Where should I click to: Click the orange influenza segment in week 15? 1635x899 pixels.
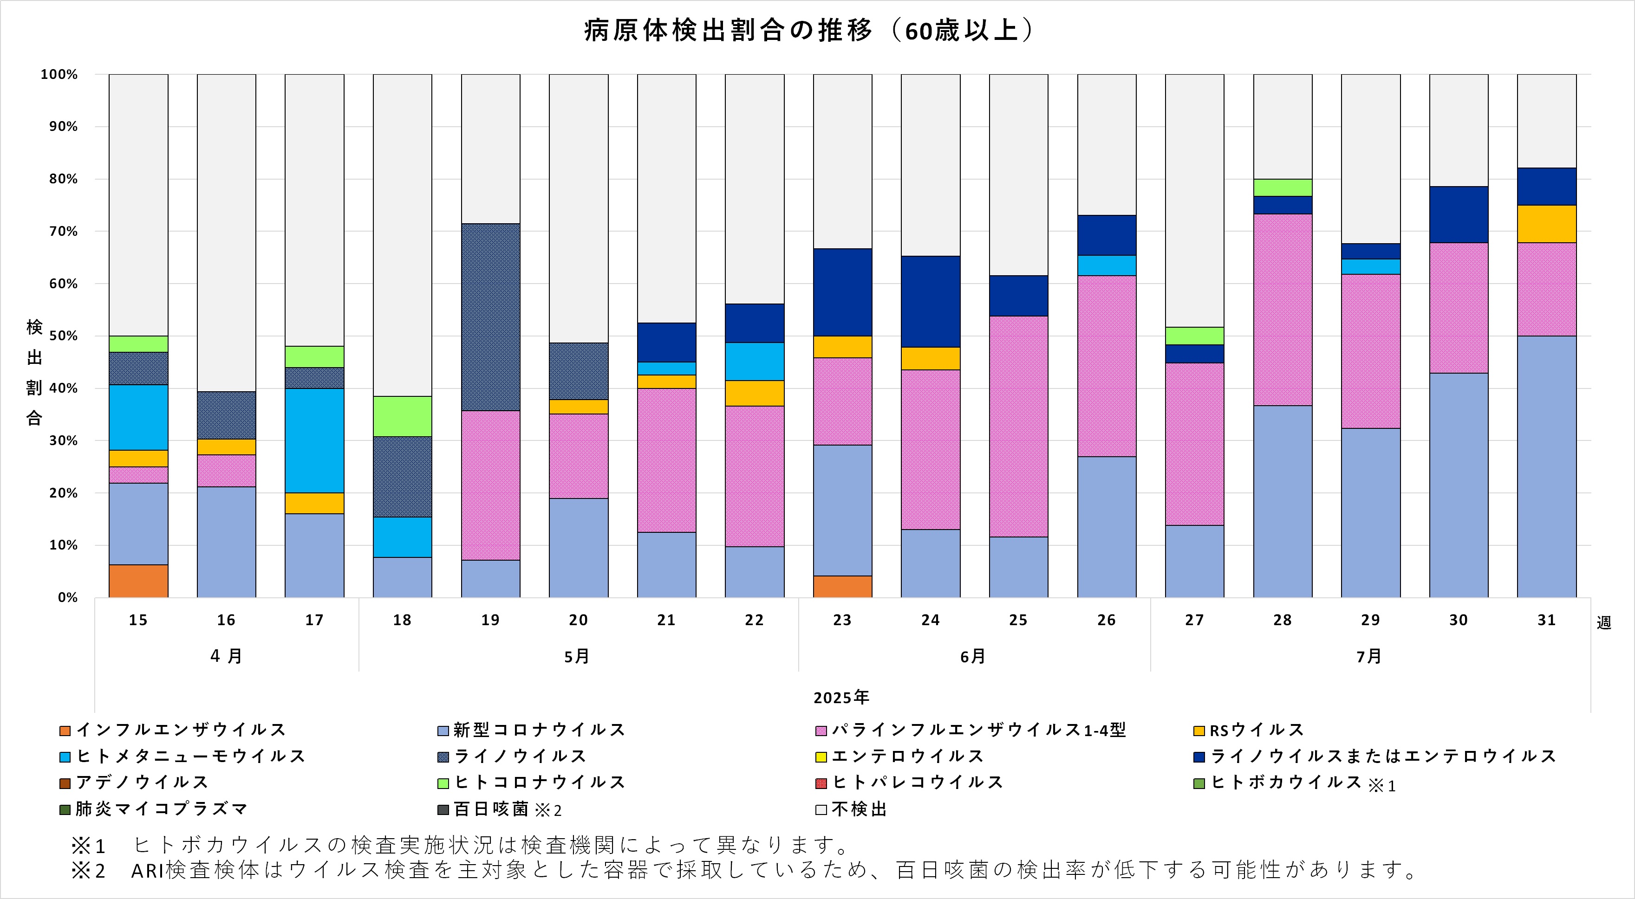[138, 581]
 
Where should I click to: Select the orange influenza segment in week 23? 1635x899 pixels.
[842, 586]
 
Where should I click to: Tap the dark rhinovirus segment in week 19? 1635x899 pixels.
[491, 317]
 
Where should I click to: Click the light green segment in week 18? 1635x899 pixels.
[403, 416]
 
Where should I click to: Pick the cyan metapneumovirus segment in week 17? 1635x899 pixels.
[314, 440]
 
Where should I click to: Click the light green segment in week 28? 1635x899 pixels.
[1282, 187]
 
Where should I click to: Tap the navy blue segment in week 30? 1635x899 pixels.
[1459, 214]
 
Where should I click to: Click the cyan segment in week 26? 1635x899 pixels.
[1106, 265]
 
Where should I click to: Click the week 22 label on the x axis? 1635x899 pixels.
[754, 620]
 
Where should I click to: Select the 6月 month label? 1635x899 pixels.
[972, 656]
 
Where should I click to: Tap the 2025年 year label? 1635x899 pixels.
[841, 697]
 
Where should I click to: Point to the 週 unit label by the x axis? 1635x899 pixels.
[1604, 622]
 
